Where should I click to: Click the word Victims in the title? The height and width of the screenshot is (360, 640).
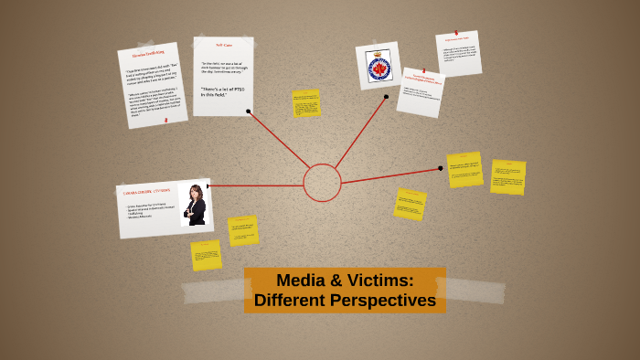(379, 281)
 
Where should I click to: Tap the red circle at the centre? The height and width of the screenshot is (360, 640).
(322, 183)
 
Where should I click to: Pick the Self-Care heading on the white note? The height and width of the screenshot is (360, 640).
(224, 45)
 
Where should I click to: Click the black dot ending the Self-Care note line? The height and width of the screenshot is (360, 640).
(248, 111)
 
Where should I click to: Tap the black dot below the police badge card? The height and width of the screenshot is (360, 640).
(386, 96)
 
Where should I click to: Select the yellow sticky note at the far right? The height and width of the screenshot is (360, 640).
(507, 177)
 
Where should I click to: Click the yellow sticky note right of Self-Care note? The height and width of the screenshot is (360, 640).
(306, 102)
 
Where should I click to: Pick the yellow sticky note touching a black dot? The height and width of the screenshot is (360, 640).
(465, 170)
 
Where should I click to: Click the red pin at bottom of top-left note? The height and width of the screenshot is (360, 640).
(165, 120)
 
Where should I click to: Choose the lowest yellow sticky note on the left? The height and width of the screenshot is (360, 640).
(206, 255)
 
